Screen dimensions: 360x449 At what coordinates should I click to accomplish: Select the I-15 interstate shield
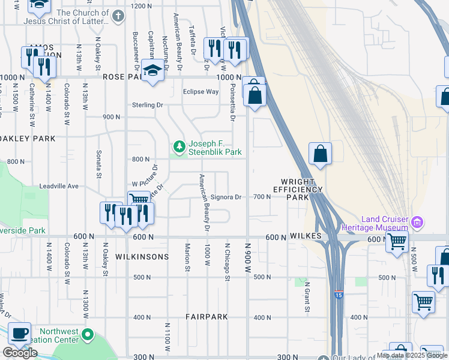tap(339, 295)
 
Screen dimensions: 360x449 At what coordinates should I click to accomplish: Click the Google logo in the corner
tap(20, 353)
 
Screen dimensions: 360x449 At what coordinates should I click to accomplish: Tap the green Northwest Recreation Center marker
tap(88, 334)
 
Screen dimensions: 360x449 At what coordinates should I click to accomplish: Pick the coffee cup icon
tap(19, 332)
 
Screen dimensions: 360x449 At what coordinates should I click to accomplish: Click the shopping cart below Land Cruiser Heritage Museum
tap(396, 242)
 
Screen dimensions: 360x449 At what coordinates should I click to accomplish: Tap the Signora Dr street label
tap(226, 197)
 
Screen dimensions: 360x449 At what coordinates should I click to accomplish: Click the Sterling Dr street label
tap(148, 105)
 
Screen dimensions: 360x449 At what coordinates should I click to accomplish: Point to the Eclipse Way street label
tap(200, 92)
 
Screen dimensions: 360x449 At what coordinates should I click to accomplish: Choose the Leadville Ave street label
tap(59, 186)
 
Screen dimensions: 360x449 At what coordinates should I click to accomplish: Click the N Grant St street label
tap(306, 297)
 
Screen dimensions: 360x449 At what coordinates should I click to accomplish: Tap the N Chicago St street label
tap(227, 261)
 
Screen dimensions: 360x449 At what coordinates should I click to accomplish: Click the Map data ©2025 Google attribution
tap(412, 355)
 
